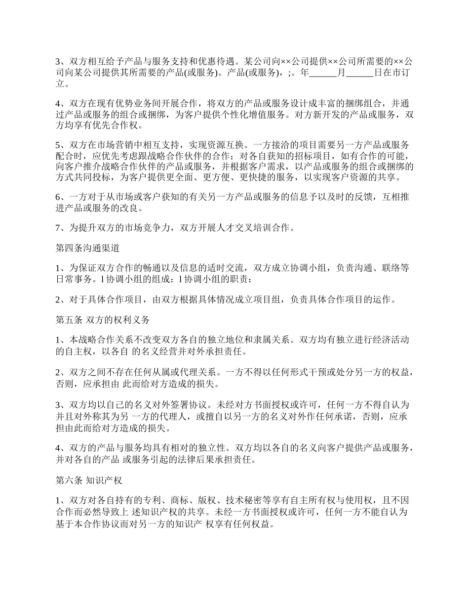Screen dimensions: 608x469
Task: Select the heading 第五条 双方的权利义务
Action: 103,319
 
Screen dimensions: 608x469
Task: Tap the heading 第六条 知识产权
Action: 89,479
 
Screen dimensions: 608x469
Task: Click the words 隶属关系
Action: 273,340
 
